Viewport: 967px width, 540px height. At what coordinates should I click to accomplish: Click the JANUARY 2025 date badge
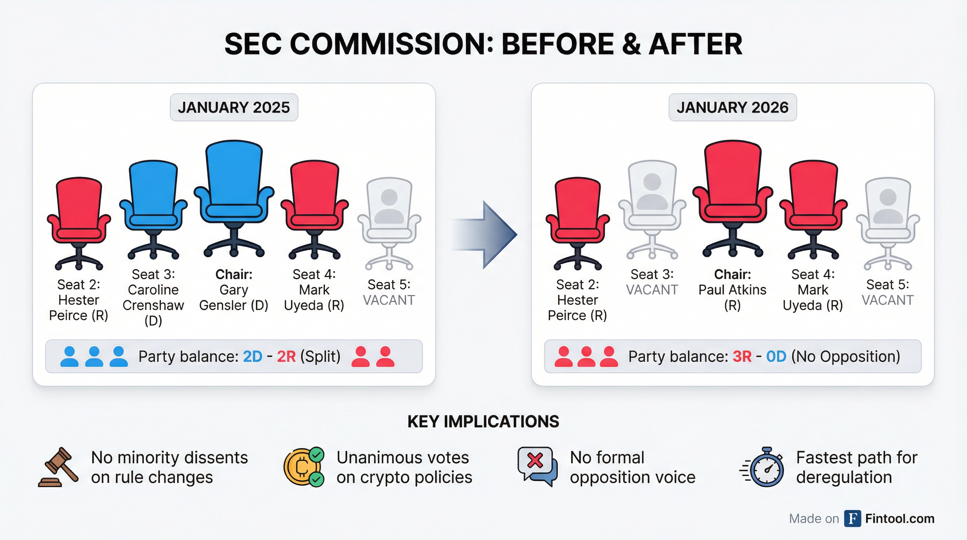pyautogui.click(x=234, y=107)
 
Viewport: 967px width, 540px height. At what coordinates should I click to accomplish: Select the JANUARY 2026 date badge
pyautogui.click(x=732, y=107)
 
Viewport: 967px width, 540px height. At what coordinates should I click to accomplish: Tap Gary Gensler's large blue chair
pyautogui.click(x=234, y=199)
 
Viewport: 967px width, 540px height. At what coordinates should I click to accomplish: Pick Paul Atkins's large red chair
pyautogui.click(x=732, y=199)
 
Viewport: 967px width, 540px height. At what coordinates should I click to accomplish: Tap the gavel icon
pyautogui.click(x=59, y=467)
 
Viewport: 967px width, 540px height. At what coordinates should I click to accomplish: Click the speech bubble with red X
pyautogui.click(x=537, y=467)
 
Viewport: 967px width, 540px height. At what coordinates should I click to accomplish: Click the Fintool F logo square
pyautogui.click(x=852, y=519)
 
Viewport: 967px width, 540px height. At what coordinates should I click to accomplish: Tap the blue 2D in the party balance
pyautogui.click(x=253, y=356)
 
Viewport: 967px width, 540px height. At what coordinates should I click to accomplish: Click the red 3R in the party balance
pyautogui.click(x=742, y=356)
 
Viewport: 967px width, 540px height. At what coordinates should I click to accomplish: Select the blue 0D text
pyautogui.click(x=776, y=356)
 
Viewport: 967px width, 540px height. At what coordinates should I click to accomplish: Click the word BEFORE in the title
pyautogui.click(x=557, y=44)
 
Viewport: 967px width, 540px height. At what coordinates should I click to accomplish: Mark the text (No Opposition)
pyautogui.click(x=846, y=356)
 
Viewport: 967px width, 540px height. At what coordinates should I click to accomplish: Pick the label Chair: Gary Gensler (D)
pyautogui.click(x=234, y=290)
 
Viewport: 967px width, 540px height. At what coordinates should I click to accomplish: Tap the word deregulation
pyautogui.click(x=844, y=477)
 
